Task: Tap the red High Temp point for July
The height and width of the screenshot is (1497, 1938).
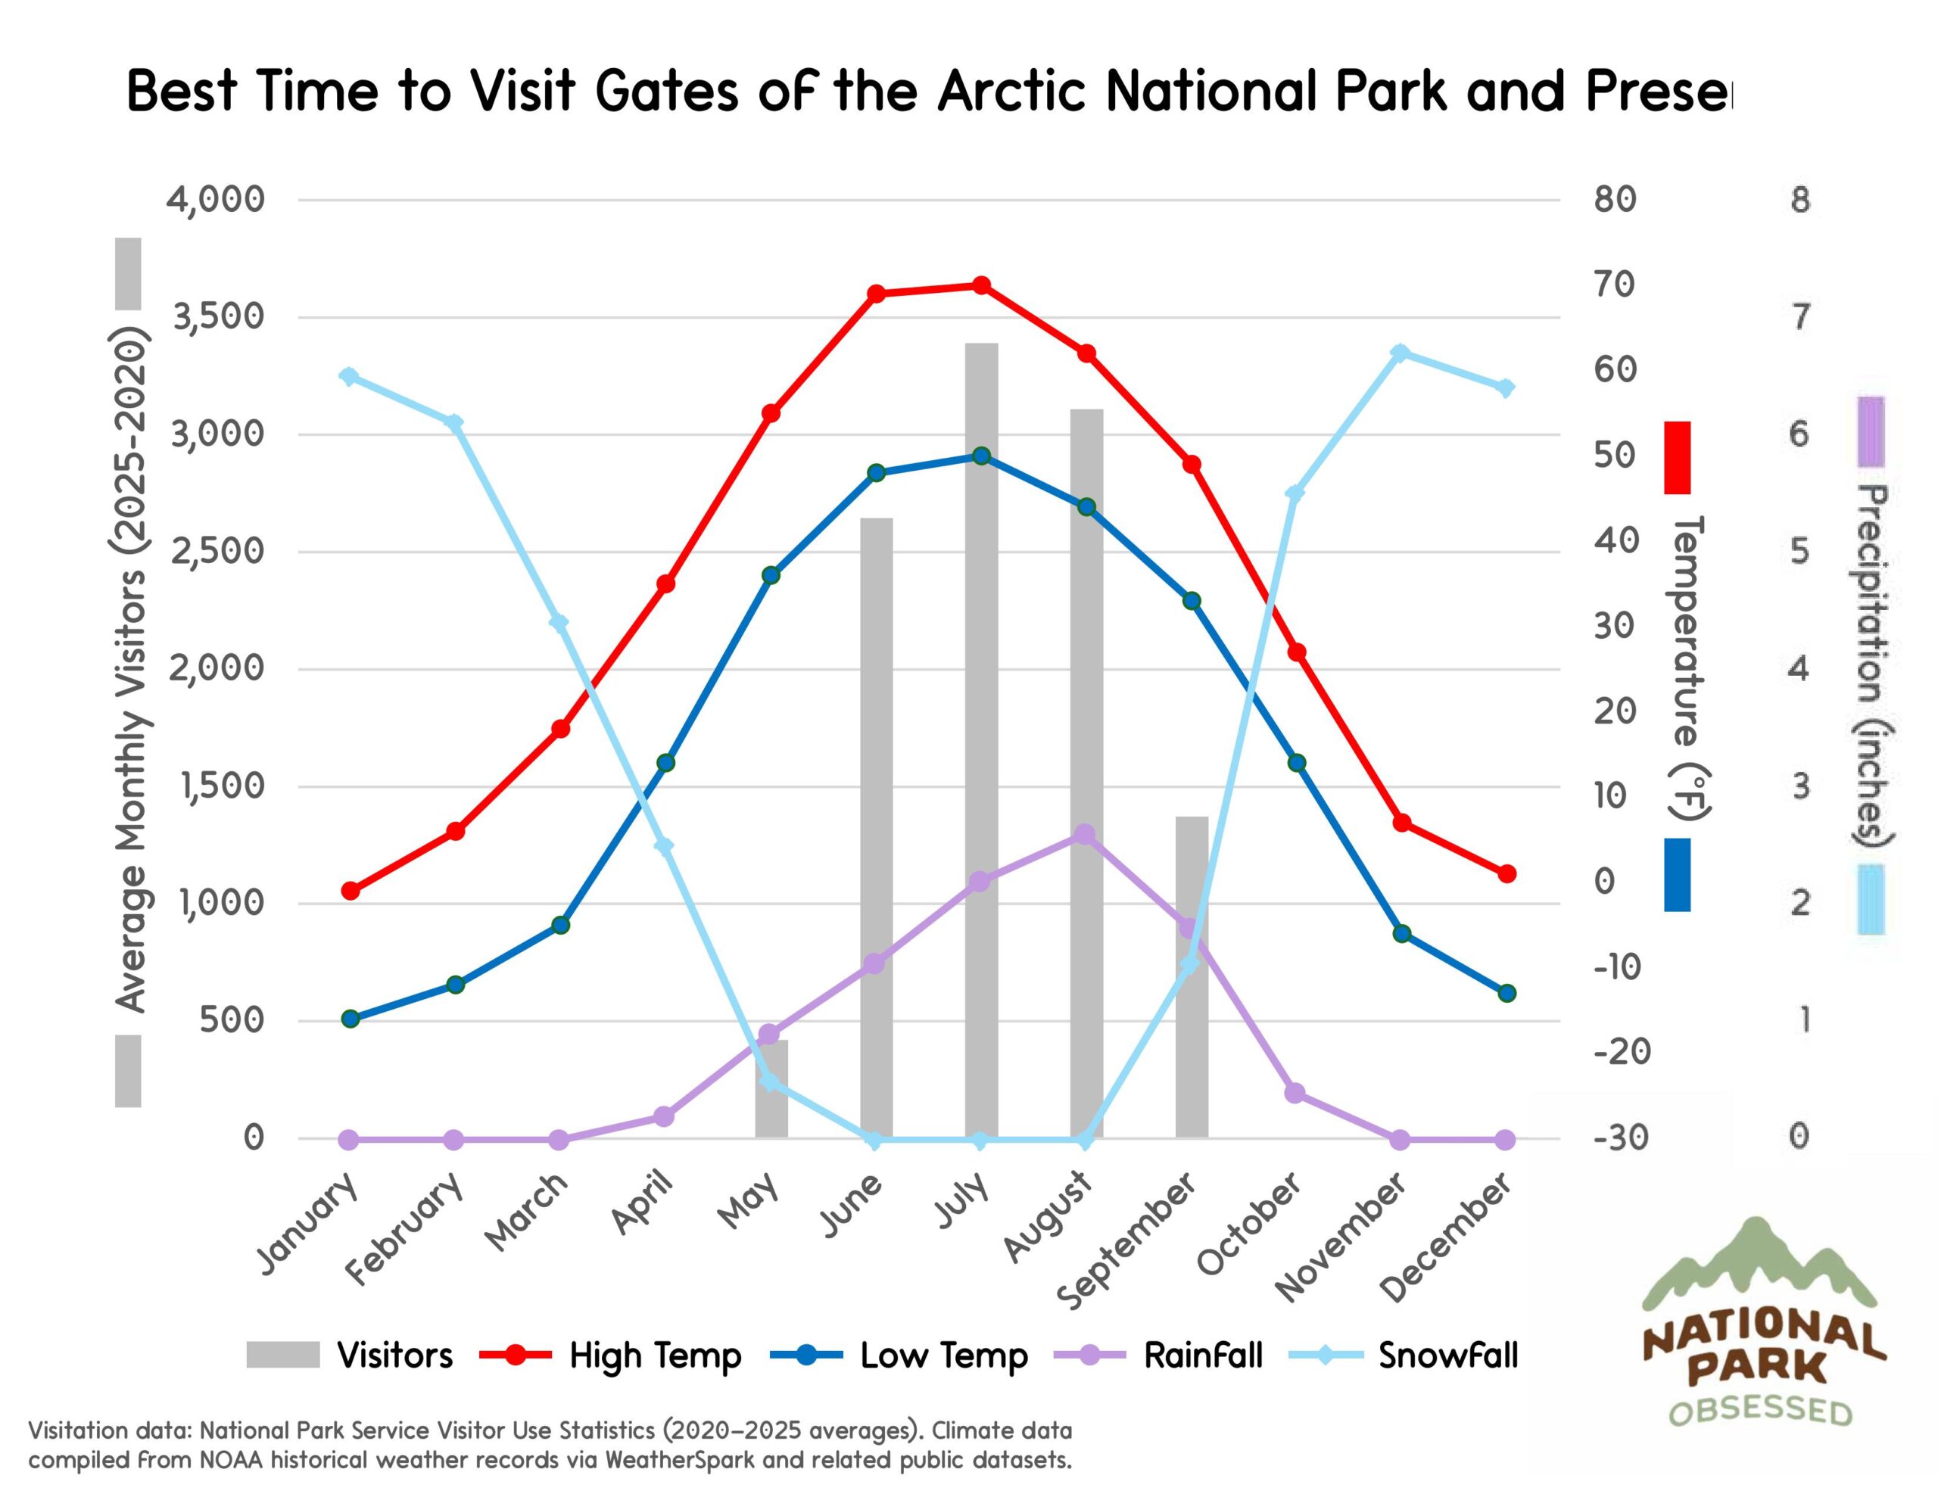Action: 981,285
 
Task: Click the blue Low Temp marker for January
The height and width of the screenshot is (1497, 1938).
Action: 350,1019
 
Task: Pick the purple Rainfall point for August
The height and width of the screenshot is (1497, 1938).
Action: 1084,834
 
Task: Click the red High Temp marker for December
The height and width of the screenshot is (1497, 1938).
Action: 1506,874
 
